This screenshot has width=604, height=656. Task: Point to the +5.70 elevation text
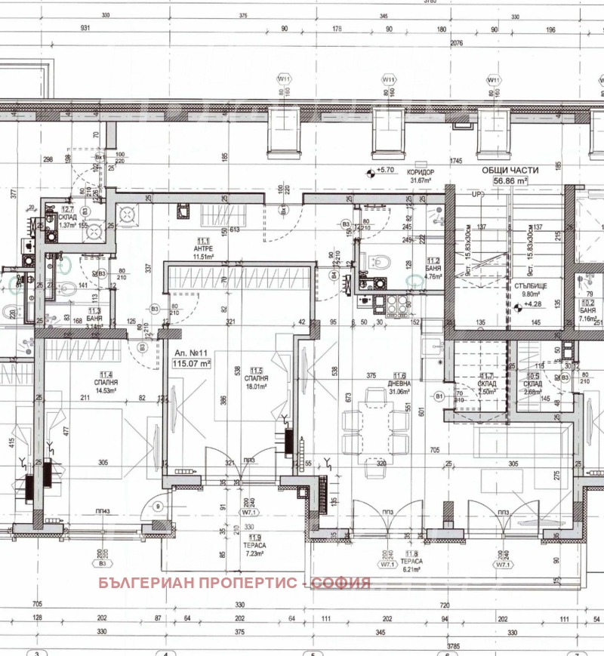(x=386, y=171)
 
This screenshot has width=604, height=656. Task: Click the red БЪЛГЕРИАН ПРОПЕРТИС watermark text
(x=234, y=583)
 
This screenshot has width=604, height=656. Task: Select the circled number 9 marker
(x=158, y=507)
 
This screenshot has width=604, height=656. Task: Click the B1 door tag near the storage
(x=439, y=394)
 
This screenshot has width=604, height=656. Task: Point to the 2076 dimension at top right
(x=455, y=44)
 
